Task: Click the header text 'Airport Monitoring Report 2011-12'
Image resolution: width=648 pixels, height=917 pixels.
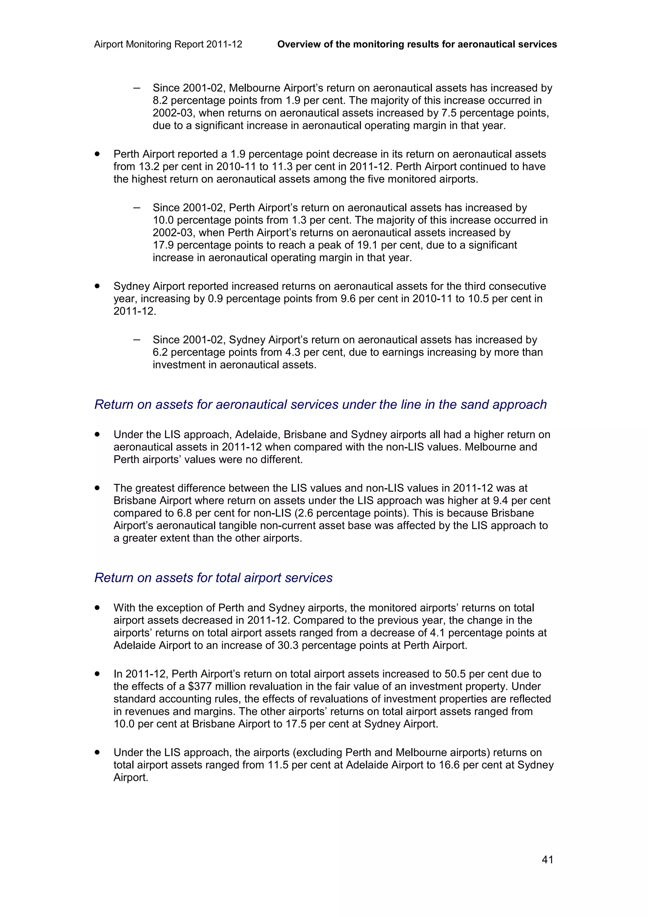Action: tap(168, 44)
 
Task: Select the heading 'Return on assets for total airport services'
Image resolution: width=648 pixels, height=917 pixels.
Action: tap(213, 577)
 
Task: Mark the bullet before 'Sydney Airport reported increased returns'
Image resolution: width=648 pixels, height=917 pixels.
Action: tap(97, 286)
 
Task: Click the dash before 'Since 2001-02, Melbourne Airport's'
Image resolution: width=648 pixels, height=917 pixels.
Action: tap(137, 88)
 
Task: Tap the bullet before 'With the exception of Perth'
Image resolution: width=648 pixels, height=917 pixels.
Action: tap(97, 608)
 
